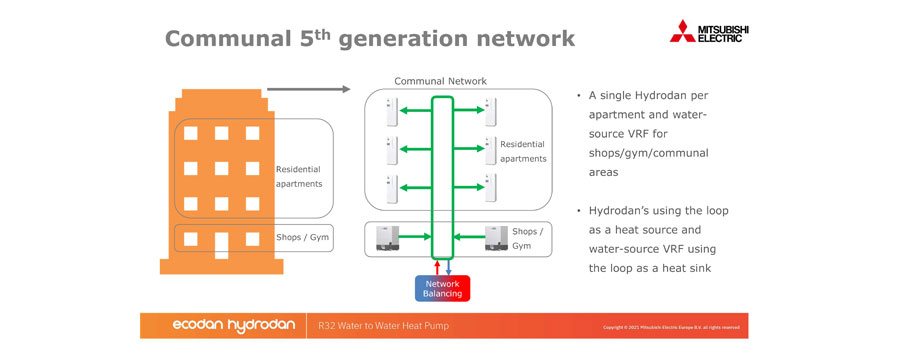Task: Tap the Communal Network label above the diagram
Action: pos(440,80)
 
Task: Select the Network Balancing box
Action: pos(442,288)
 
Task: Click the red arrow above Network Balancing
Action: pos(436,264)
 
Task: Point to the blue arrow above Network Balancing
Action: pos(448,264)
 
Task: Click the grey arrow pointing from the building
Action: pos(308,89)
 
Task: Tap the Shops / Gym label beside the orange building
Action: pos(302,238)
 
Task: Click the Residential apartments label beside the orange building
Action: pos(299,176)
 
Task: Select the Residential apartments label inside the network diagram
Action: pos(523,151)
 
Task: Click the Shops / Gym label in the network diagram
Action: pos(528,238)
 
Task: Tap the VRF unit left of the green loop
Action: pos(387,237)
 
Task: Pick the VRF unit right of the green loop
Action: pos(496,237)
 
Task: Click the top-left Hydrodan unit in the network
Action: pos(391,111)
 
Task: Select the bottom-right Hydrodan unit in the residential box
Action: pos(490,187)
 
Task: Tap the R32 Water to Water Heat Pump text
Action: pos(383,326)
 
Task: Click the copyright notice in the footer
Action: pos(671,327)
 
